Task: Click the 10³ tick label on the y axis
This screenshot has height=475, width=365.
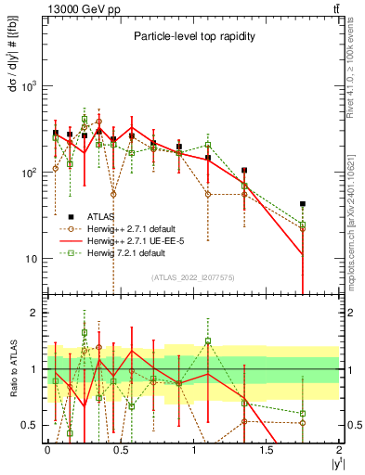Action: pyautogui.click(x=28, y=86)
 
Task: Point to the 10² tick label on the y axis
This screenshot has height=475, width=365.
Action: pyautogui.click(x=28, y=173)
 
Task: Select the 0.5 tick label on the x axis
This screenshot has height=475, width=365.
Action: pyautogui.click(x=121, y=448)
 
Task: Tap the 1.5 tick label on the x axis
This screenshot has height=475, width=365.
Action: pyautogui.click(x=267, y=448)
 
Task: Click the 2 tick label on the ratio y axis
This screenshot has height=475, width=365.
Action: pyautogui.click(x=34, y=313)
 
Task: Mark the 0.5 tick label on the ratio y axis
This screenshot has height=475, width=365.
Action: pyautogui.click(x=30, y=425)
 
